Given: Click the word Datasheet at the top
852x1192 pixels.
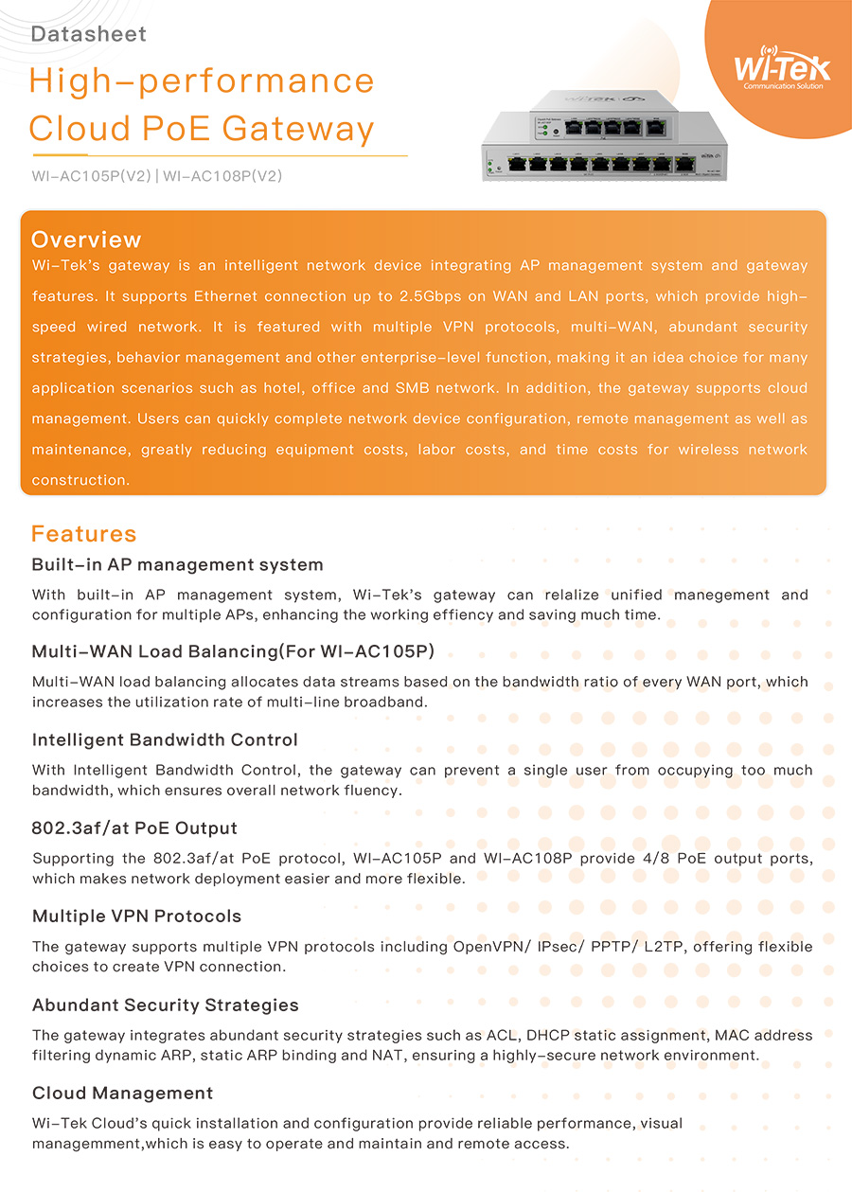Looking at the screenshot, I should coord(89,35).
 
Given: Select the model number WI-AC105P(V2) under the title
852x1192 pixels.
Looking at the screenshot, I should coord(90,175).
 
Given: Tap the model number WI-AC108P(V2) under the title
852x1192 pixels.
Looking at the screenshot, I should coord(222,175).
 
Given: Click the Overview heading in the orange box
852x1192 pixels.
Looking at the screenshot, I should coord(86,240).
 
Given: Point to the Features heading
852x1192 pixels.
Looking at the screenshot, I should coord(84,534).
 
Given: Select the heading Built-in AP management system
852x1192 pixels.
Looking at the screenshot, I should coord(178,565).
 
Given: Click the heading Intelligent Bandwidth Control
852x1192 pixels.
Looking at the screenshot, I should coord(165,740).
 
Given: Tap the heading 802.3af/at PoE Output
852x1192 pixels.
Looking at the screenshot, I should coord(134,828).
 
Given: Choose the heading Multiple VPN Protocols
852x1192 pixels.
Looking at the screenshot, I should coord(136,916).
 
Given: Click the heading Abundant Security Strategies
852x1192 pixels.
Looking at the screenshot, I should coord(166,1005).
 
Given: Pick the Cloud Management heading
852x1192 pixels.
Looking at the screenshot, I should coord(123,1094).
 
